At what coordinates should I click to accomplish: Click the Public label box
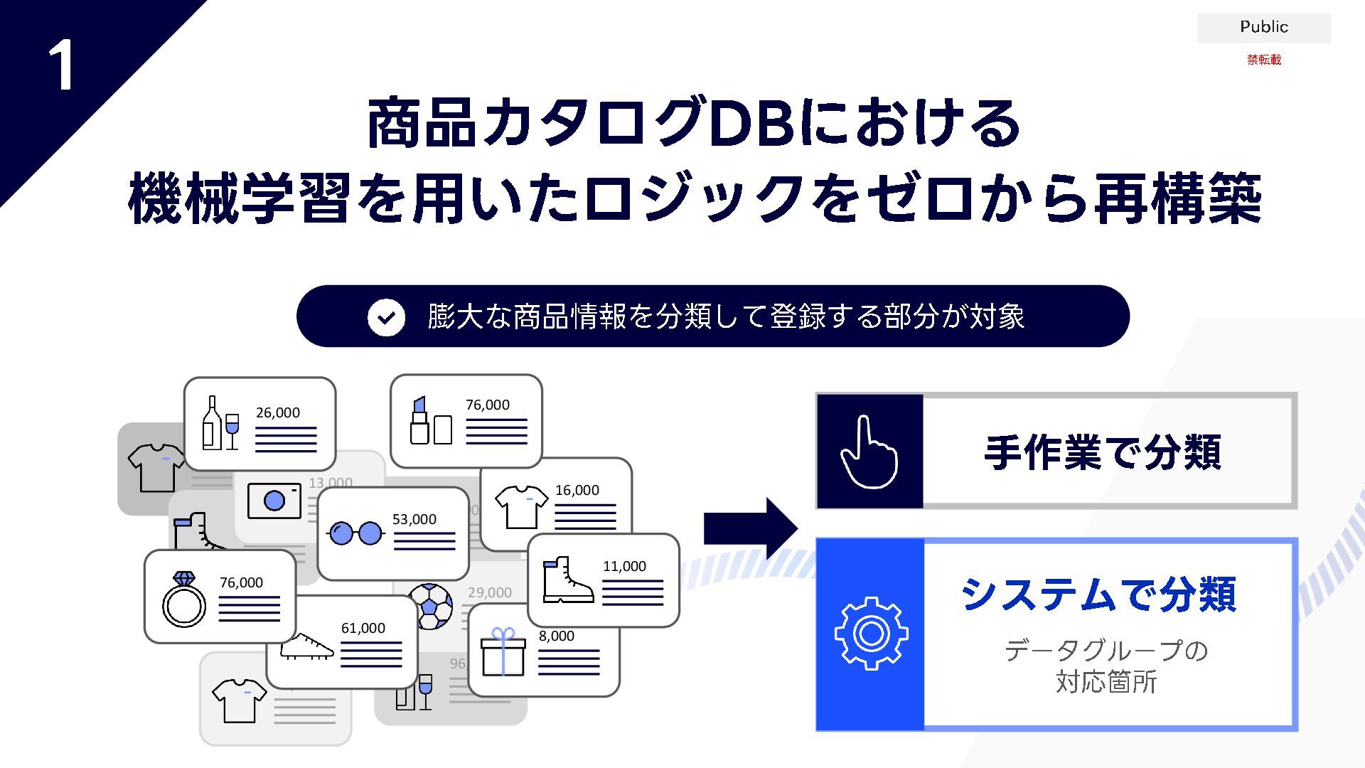click(1263, 27)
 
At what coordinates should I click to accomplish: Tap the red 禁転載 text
click(1263, 60)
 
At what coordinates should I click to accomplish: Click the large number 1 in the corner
click(62, 65)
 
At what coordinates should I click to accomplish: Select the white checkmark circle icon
click(386, 317)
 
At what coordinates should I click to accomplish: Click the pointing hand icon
click(869, 452)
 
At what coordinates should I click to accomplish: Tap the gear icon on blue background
click(871, 634)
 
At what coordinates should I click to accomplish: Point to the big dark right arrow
click(750, 528)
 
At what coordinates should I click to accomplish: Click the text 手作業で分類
click(1103, 452)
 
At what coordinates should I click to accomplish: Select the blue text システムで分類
click(1098, 594)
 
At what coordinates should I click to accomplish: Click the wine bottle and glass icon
click(220, 424)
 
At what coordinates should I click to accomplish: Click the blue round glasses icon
click(355, 533)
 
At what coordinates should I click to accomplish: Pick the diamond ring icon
click(184, 599)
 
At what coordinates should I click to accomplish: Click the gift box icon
click(503, 652)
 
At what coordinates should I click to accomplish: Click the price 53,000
click(414, 520)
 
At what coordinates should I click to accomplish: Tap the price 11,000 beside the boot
click(624, 567)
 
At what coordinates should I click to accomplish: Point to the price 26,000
click(278, 413)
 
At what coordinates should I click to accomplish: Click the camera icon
click(274, 501)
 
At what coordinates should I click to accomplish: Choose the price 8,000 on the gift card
click(556, 636)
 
